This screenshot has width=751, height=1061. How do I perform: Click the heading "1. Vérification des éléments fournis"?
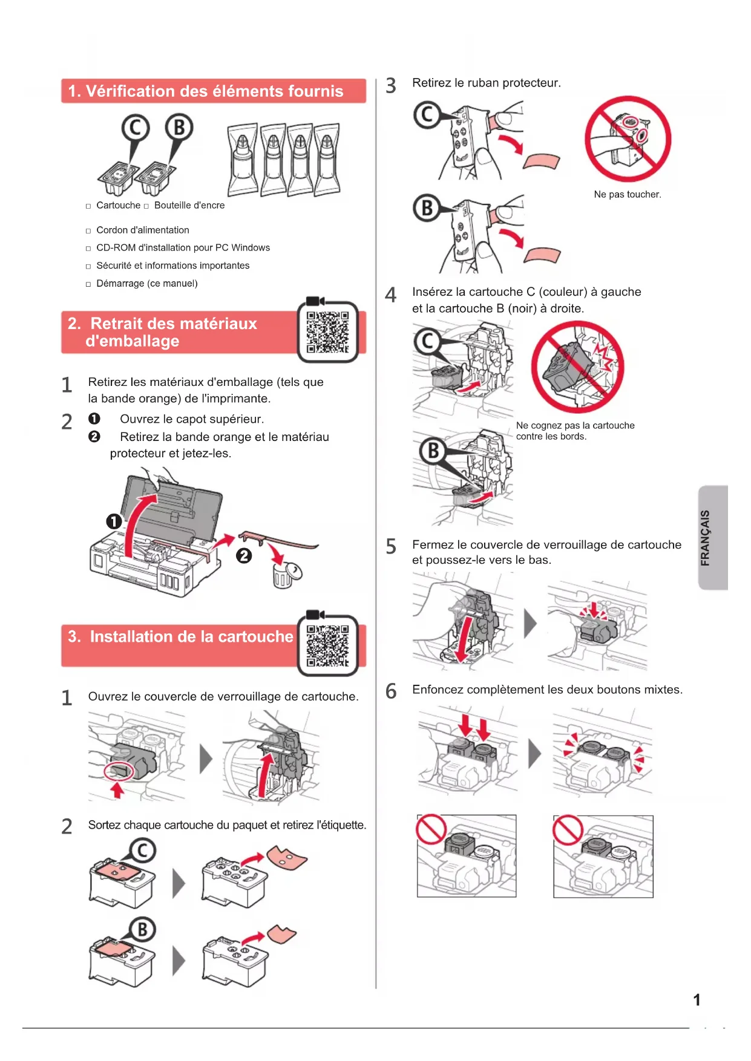pos(206,91)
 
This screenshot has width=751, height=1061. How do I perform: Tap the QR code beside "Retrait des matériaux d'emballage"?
pos(327,332)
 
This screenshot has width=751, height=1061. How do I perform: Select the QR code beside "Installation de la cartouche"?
pos(327,645)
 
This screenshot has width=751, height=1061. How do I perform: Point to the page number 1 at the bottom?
pos(697,1000)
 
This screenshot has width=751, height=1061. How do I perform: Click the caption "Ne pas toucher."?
pos(627,195)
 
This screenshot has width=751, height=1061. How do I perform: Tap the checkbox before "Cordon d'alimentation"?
pos(88,231)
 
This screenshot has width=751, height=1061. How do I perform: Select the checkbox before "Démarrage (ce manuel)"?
pos(88,284)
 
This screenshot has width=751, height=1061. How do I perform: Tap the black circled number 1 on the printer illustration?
pos(114,521)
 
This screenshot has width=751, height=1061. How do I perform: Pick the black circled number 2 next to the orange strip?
pos(244,555)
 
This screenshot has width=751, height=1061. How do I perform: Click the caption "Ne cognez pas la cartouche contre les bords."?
pos(575,431)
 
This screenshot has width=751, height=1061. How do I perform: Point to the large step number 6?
pos(391,691)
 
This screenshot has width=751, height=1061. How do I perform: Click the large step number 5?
pos(391,546)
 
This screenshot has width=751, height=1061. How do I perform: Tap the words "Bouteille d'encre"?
pos(189,206)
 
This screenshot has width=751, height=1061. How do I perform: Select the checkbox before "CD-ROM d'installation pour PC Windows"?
pos(88,249)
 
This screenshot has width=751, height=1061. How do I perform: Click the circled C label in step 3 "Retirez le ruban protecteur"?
pos(427,114)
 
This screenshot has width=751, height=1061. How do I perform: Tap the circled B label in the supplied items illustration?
pos(179,128)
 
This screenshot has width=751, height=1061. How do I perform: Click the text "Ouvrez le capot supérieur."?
pos(192,419)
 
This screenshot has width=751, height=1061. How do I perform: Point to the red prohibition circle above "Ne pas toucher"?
pos(628,139)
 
